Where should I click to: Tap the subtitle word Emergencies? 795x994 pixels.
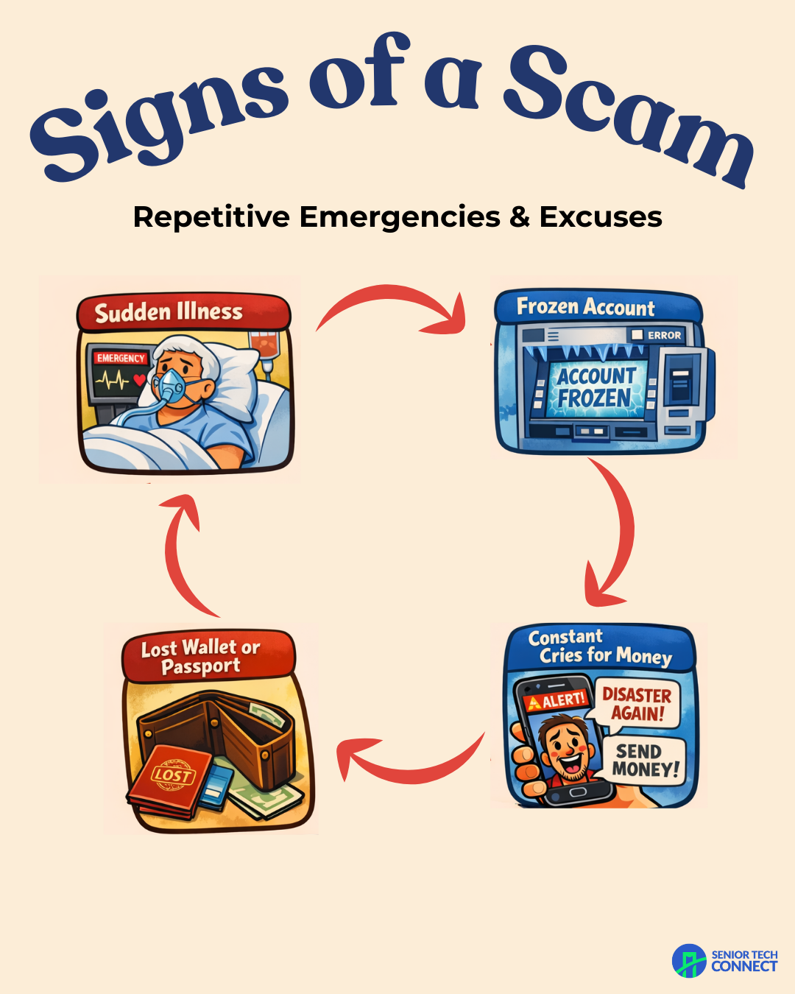click(399, 217)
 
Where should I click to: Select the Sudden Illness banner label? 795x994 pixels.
click(169, 312)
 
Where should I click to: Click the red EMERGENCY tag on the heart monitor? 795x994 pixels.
click(121, 359)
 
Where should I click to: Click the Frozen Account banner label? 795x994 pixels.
click(585, 306)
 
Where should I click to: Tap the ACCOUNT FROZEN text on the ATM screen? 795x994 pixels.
click(596, 387)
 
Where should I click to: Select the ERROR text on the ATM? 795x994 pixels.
click(664, 335)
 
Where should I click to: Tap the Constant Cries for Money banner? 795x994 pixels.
click(599, 646)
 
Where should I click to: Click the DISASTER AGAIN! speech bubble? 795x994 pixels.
click(637, 704)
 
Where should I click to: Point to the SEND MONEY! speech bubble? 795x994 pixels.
click(646, 761)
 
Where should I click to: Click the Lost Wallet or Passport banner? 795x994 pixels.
click(201, 656)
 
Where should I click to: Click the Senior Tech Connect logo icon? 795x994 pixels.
click(689, 961)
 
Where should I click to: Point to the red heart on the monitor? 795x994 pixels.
click(139, 381)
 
